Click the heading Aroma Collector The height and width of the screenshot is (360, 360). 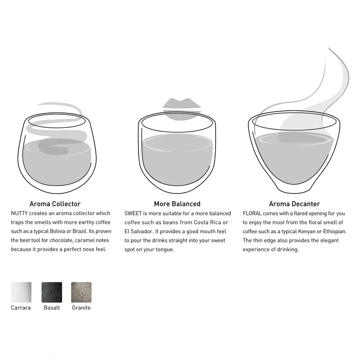pos(55,204)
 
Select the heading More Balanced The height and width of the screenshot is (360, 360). pos(177,204)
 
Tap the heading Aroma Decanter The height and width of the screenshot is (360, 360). pos(294,204)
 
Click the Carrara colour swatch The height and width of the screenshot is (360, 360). pos(21,292)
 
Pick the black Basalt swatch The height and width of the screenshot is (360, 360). pos(52,292)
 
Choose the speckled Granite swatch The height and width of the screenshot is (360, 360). pos(81,292)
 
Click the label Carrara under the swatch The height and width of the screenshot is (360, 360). pos(21,308)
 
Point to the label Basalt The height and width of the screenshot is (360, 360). pos(52,308)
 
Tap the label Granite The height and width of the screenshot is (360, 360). pos(81,308)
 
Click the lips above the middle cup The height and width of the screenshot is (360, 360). pos(182,108)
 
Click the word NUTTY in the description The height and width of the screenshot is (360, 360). pos(19,213)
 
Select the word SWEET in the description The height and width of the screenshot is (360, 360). pos(133,213)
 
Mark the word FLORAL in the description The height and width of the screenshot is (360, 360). pos(252,213)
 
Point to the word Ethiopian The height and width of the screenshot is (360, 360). pos(334,231)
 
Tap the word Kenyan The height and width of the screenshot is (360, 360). pos(307,231)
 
